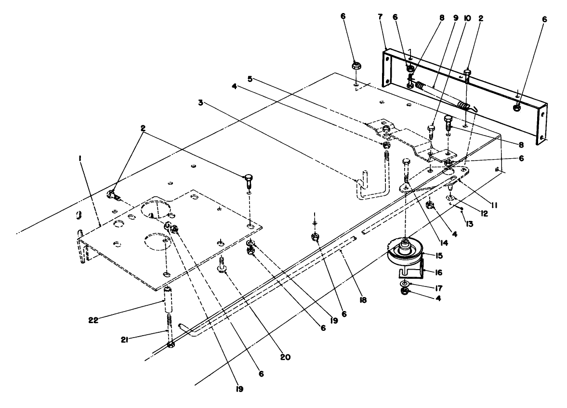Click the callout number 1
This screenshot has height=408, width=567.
point(80,157)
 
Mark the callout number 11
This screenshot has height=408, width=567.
point(493,205)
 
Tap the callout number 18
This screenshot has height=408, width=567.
point(364,299)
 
